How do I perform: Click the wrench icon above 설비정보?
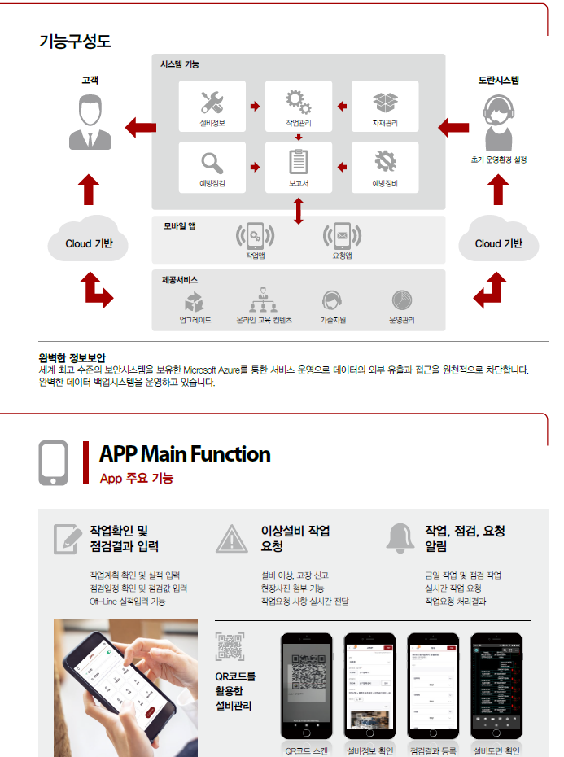tap(212, 103)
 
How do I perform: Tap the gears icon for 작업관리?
tap(298, 103)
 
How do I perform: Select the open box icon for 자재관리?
tap(385, 103)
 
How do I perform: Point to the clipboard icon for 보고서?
tap(298, 161)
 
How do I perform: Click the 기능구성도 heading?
tap(75, 41)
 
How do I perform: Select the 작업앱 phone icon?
tap(256, 236)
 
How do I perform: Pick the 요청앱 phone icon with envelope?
tap(342, 236)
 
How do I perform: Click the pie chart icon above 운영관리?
tap(401, 300)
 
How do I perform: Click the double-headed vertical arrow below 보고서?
tap(299, 210)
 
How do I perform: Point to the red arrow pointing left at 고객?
tap(140, 127)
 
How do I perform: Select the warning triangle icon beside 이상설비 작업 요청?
tap(232, 539)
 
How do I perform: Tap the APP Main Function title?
tap(184, 454)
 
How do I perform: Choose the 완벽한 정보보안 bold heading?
tap(72, 357)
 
